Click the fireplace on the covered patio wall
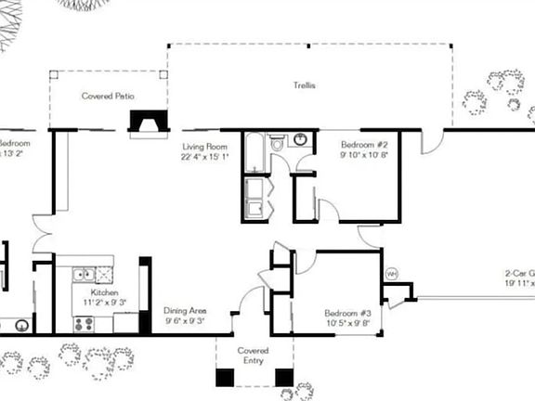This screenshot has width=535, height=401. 147,124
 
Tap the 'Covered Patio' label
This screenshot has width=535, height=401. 109,96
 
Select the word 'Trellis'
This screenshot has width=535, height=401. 306,85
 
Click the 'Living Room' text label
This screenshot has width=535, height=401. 204,147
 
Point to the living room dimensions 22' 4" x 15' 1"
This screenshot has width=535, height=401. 204,157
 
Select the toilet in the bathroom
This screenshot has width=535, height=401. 278,145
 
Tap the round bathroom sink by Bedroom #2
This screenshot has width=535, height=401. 301,141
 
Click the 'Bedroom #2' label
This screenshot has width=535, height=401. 364,146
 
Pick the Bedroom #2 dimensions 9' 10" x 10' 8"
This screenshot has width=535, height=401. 364,156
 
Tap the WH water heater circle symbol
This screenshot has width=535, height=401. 391,274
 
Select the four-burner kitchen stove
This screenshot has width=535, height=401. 84,324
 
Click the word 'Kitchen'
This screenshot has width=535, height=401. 103,291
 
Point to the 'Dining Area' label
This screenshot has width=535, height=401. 185,311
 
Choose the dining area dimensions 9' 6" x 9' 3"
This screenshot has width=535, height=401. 185,321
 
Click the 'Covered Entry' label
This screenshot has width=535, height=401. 254,356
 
